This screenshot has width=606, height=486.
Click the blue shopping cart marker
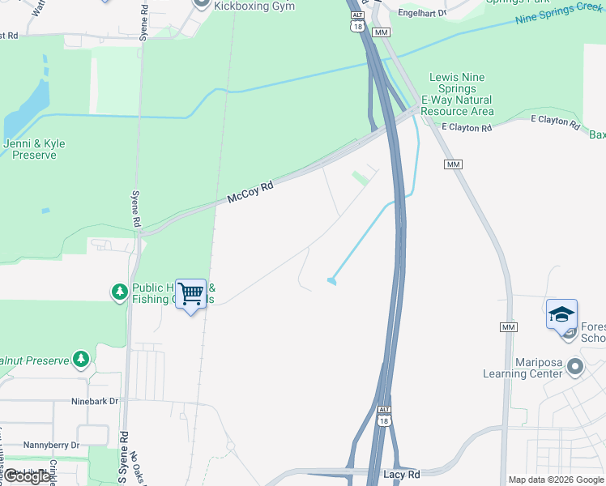[x=191, y=293]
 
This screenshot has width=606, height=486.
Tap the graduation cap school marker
[x=561, y=313]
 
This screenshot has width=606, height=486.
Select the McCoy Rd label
[x=250, y=191]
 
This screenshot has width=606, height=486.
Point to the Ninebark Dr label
[x=94, y=401]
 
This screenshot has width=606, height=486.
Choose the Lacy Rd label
[x=401, y=474]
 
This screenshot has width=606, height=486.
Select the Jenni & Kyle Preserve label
[x=35, y=149]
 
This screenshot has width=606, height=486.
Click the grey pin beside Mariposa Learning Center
[x=575, y=367]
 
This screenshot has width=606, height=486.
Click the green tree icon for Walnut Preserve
[x=80, y=358]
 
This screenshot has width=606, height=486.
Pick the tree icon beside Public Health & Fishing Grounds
[x=120, y=291]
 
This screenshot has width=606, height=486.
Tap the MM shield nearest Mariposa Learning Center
[x=508, y=326]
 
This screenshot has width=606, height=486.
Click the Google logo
[x=27, y=476]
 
